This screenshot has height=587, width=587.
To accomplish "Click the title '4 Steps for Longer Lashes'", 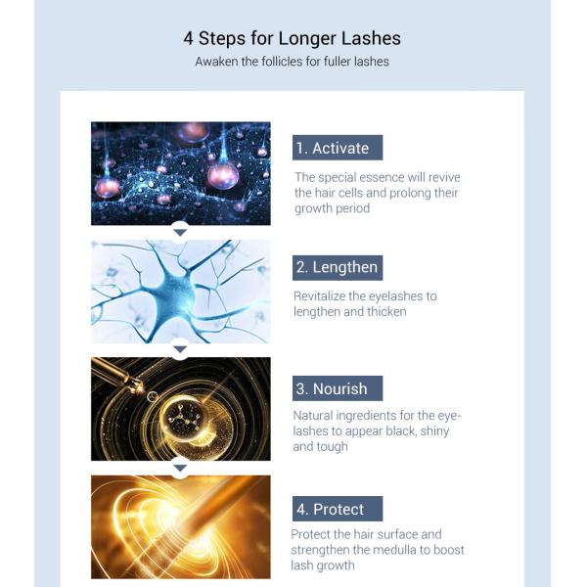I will pos(292,38).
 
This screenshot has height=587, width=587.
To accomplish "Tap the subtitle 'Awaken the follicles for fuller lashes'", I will pos(292,62).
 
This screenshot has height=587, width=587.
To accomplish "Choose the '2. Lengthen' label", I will pos(337,267).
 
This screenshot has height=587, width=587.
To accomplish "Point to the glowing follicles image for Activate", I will pos(180,173).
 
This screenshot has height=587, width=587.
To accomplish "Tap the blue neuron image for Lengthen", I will pos(180,292).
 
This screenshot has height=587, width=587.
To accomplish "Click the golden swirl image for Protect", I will pos(180,526).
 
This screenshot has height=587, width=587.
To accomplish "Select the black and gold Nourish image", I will pos(180,409).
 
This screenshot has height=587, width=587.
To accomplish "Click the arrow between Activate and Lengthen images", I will pos(180,232).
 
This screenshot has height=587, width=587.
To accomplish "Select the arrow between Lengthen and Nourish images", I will pos(180,349).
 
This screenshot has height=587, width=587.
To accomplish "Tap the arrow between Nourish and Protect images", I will pos(180,468).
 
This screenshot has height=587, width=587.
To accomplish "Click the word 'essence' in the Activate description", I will pos(386,177).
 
